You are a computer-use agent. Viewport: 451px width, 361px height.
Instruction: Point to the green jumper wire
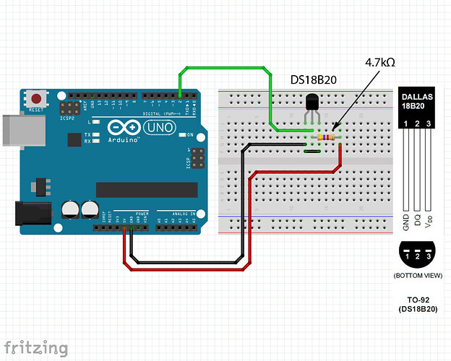(224, 68)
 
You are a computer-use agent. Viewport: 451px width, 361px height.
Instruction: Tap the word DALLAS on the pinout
(418, 96)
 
